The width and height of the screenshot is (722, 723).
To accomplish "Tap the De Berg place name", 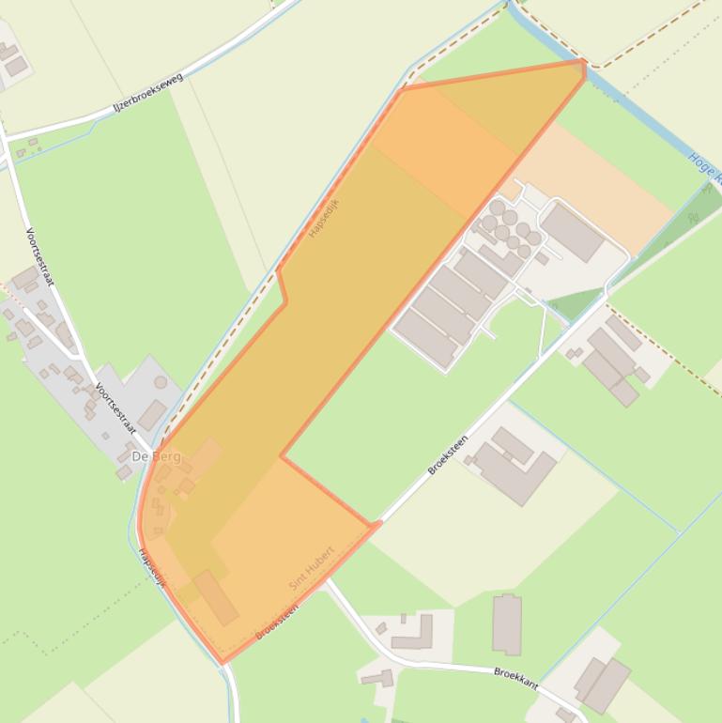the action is tap(154, 456).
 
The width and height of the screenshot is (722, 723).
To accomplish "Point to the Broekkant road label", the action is tap(516, 678).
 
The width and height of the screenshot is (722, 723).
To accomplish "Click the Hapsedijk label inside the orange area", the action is tap(324, 218).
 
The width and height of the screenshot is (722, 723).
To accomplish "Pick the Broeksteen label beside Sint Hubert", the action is tap(277, 622).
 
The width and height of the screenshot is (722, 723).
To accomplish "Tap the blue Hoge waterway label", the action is tap(703, 167).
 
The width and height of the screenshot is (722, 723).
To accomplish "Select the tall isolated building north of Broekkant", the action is tap(507, 623).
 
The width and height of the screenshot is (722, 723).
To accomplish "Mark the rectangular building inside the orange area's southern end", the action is tap(216, 597).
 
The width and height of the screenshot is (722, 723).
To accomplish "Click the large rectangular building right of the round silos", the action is tap(573, 232).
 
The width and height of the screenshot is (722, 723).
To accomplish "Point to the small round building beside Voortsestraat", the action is tap(161, 382).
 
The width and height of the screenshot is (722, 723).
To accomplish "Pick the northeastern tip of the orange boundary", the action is tap(583, 62).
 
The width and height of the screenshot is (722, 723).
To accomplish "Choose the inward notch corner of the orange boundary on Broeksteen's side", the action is tap(282, 457).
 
